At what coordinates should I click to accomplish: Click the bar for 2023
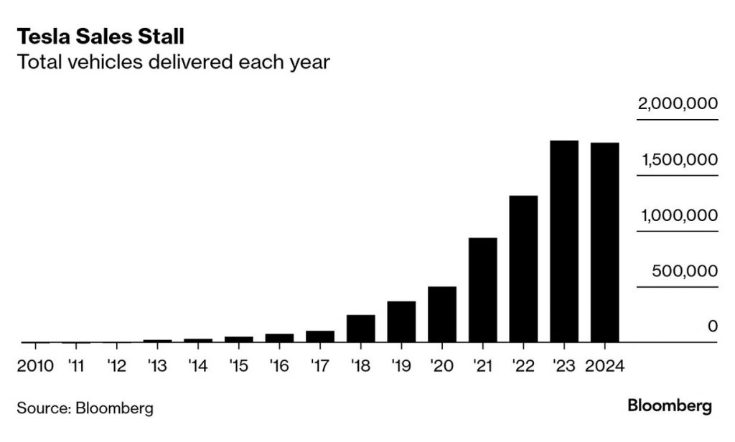click(x=564, y=242)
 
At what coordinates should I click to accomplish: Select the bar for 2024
click(x=605, y=243)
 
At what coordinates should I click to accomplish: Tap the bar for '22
click(x=524, y=269)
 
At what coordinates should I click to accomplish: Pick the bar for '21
click(x=483, y=290)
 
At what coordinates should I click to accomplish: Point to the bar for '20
click(x=442, y=314)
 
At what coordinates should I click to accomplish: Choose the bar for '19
click(x=401, y=321)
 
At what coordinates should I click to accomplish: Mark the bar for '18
click(x=361, y=329)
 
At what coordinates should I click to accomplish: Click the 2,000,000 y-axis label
click(x=678, y=105)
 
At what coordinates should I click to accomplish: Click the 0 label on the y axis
click(x=713, y=326)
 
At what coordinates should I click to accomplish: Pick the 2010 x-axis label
click(x=35, y=366)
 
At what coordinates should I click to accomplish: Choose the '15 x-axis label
click(x=239, y=366)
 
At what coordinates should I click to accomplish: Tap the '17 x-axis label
click(x=320, y=366)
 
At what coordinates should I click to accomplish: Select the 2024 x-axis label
click(x=605, y=366)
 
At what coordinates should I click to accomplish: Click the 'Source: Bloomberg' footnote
click(x=85, y=409)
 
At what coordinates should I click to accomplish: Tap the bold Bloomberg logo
click(x=670, y=406)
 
